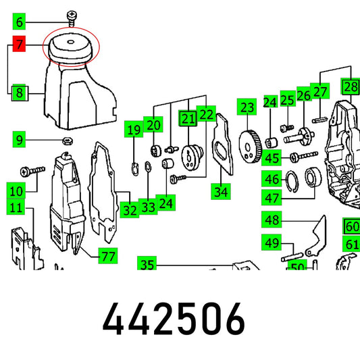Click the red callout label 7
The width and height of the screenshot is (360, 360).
tap(19, 44)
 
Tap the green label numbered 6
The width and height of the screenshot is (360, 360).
tap(19, 22)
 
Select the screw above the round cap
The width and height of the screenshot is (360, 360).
tap(72, 18)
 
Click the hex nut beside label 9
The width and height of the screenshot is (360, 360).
tap(68, 140)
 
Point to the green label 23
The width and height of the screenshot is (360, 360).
tap(247, 107)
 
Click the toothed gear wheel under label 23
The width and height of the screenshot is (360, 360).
tap(250, 147)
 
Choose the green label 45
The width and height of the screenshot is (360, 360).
tap(272, 157)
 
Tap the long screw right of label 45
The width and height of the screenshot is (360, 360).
tap(304, 156)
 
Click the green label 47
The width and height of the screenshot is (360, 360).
tap(272, 198)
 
